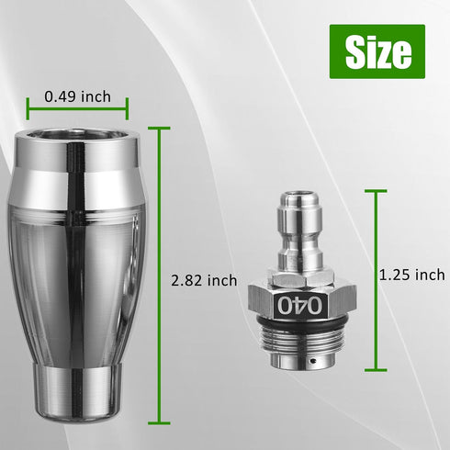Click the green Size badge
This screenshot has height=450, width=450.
[x=377, y=52]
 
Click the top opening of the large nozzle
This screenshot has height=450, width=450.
[x=77, y=141]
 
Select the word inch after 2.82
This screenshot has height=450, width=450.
[x=221, y=280]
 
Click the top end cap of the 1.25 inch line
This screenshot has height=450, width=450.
[x=376, y=191]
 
